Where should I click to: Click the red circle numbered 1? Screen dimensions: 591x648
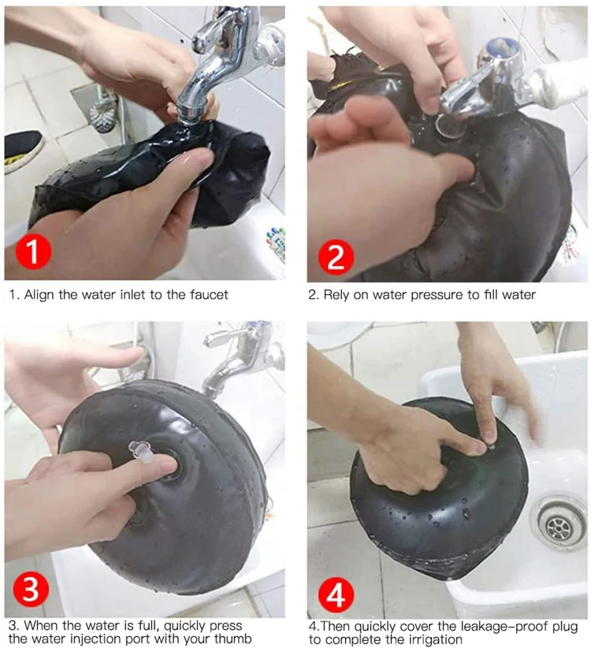(x=33, y=251)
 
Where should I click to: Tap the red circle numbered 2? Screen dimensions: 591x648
(x=336, y=257)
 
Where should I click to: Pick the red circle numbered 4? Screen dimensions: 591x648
(x=336, y=595)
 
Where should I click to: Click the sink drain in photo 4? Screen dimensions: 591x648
(x=559, y=527)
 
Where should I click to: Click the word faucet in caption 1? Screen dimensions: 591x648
(x=209, y=295)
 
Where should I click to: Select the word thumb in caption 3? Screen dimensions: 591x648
(x=232, y=638)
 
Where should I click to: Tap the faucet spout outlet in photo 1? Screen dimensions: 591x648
(x=189, y=113)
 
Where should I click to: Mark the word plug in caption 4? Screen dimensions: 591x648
(x=563, y=627)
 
